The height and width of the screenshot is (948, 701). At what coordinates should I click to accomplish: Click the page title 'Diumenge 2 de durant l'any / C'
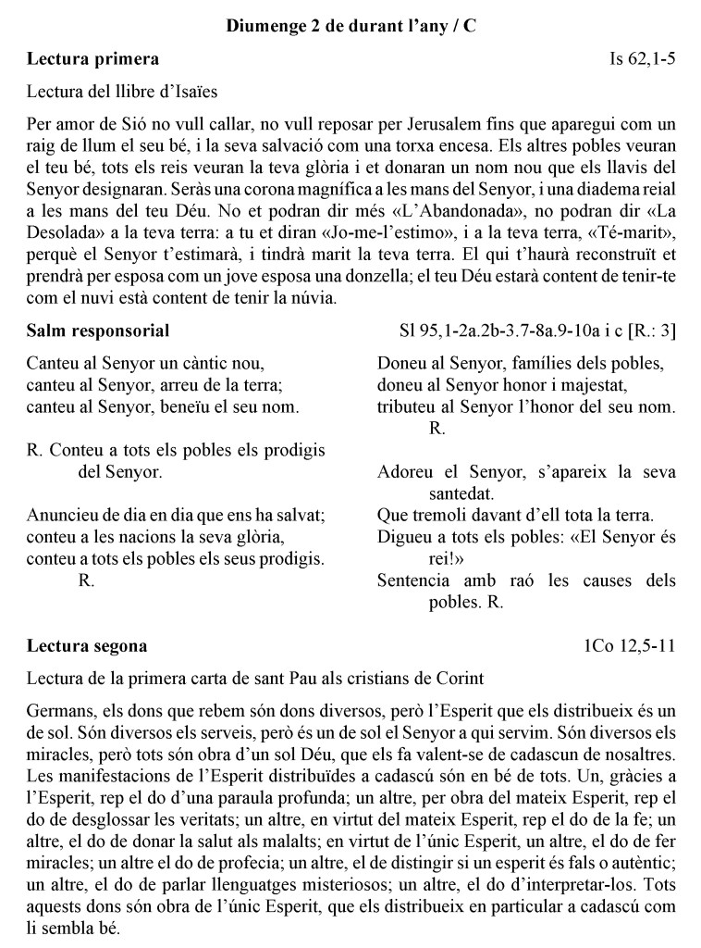(350, 27)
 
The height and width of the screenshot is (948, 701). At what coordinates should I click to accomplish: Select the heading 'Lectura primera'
(92, 59)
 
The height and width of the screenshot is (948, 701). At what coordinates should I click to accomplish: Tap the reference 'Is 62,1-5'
(643, 59)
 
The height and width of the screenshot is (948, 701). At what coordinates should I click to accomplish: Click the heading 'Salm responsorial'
(98, 331)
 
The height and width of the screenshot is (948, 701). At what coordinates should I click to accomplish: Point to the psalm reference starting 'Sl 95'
(536, 331)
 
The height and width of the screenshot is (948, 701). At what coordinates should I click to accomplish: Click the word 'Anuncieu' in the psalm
(62, 516)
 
